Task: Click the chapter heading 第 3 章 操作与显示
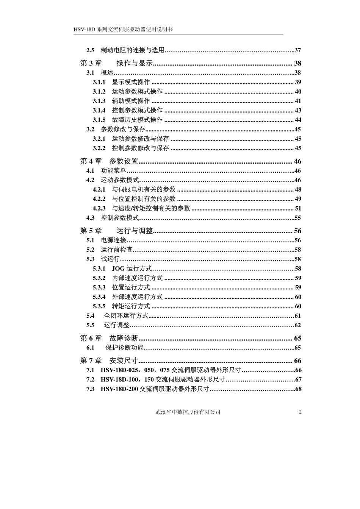tap(116, 63)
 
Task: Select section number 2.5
tap(90, 50)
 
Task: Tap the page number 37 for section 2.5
tap(297, 50)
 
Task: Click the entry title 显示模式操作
tap(131, 82)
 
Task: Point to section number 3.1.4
tap(99, 111)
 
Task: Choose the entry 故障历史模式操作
tap(137, 120)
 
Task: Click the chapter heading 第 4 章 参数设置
tap(109, 161)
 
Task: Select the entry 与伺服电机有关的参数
tap(144, 189)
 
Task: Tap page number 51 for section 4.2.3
tap(298, 208)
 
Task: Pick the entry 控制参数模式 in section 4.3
tap(120, 218)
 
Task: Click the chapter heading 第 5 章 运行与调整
tap(116, 231)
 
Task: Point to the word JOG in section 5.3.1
tap(118, 269)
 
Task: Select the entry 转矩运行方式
tap(131, 306)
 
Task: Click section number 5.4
tap(90, 316)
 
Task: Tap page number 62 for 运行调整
tap(297, 325)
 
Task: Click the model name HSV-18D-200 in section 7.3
tap(119, 389)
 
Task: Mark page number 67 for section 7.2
tap(298, 380)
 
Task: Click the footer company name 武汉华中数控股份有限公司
tap(188, 412)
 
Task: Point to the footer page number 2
tap(300, 412)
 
